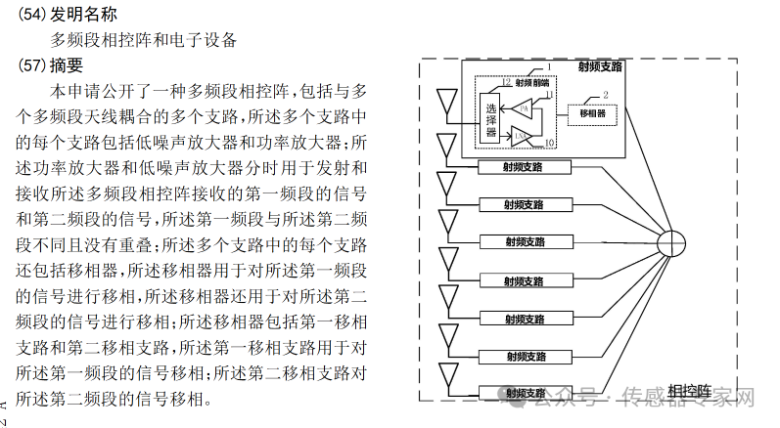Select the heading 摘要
point(68,65)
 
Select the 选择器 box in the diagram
point(491,118)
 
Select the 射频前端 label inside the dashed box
point(520,83)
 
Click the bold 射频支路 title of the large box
point(599,67)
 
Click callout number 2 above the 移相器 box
point(607,94)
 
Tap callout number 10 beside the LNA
point(550,143)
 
